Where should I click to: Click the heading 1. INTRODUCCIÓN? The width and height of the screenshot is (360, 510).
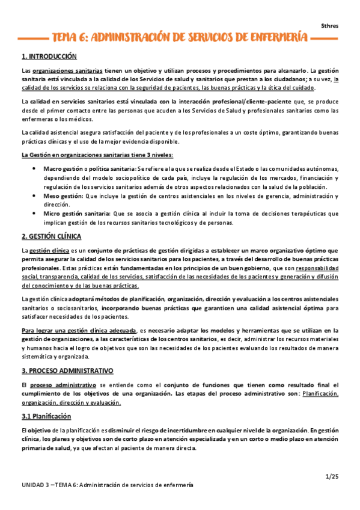click(x=49, y=57)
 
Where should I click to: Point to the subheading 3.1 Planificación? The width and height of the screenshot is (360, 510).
click(x=46, y=416)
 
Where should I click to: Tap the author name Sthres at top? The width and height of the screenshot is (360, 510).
click(x=329, y=25)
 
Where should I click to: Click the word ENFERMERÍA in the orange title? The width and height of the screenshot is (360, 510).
click(x=275, y=38)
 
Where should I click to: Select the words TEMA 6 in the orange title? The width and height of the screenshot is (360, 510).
click(x=71, y=38)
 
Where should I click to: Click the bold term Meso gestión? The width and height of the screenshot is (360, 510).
click(x=62, y=196)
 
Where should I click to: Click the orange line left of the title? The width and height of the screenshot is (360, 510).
click(x=34, y=38)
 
